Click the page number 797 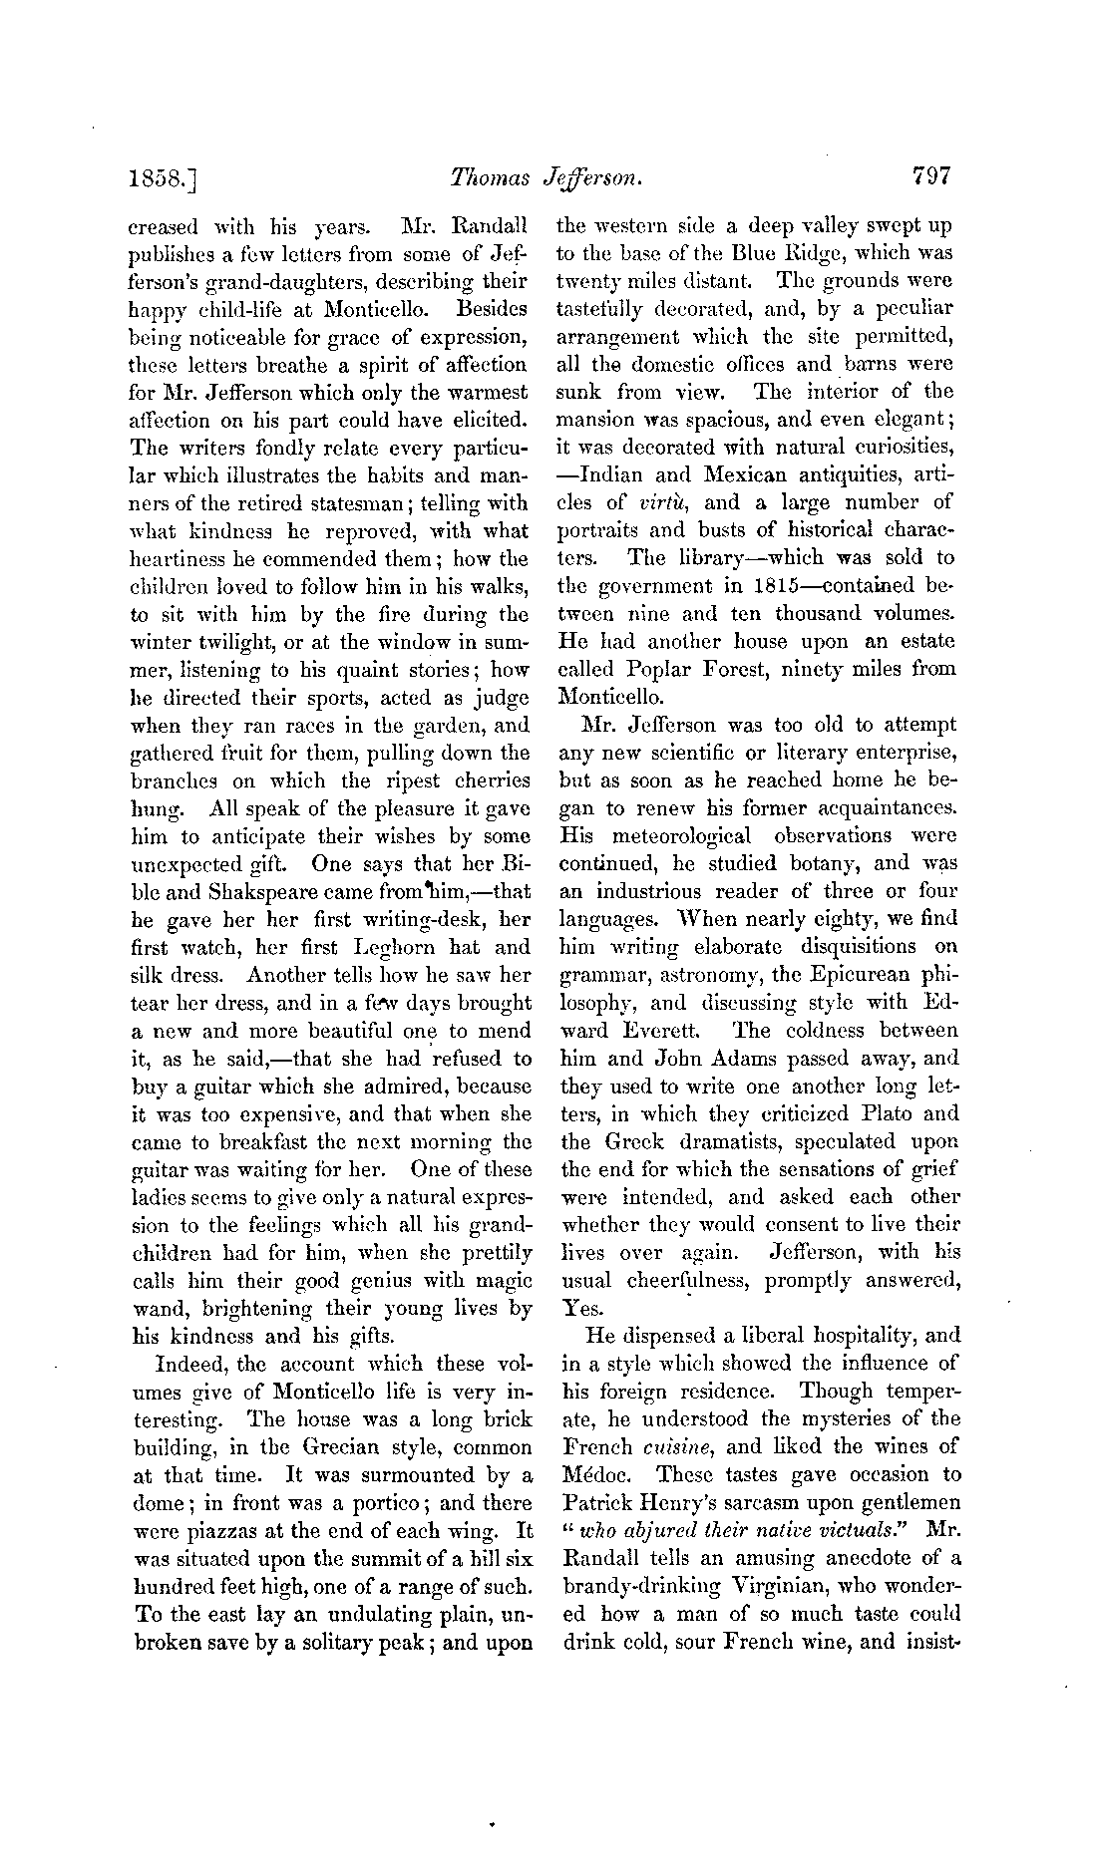[931, 176]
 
